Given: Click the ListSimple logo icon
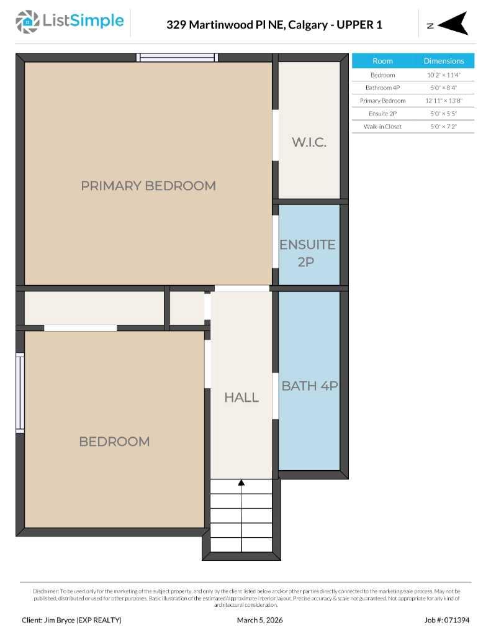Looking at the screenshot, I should (x=27, y=22).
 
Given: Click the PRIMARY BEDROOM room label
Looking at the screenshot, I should (x=148, y=185).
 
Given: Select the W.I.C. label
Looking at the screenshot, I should (x=309, y=142).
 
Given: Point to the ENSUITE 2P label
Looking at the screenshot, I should (x=307, y=253).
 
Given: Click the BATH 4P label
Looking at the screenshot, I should (x=309, y=386).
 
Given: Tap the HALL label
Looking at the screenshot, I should (x=241, y=397).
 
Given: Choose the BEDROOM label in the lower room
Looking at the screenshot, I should (x=114, y=442).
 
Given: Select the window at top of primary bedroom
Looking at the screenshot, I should (x=178, y=57).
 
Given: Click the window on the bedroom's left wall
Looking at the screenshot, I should (x=20, y=393).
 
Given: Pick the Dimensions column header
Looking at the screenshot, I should (x=443, y=61).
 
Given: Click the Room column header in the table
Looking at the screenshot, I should (x=382, y=61).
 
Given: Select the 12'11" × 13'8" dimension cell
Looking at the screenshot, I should (x=443, y=101).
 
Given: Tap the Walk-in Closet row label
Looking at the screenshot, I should (x=382, y=127).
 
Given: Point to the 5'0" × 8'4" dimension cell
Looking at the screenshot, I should (x=443, y=88).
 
